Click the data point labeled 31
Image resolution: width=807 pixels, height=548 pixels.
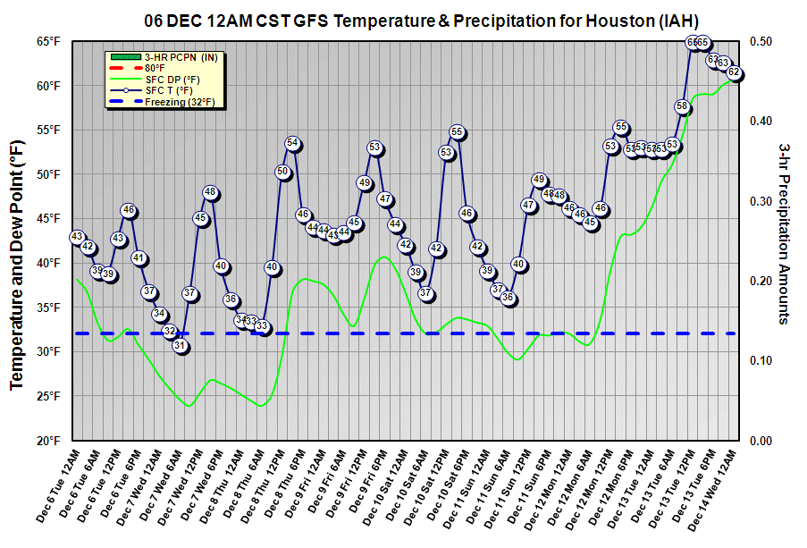click(181, 346)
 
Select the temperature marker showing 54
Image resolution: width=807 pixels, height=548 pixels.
click(292, 143)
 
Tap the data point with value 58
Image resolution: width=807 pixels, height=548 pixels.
click(682, 106)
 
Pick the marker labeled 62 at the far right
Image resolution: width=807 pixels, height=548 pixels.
click(734, 72)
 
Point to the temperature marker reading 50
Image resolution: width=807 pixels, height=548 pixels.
click(282, 172)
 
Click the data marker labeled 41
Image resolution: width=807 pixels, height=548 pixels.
click(139, 257)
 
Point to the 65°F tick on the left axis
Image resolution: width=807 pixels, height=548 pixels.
click(49, 41)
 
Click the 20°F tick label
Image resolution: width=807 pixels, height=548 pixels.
click(49, 441)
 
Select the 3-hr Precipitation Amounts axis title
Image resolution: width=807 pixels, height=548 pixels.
click(787, 232)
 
